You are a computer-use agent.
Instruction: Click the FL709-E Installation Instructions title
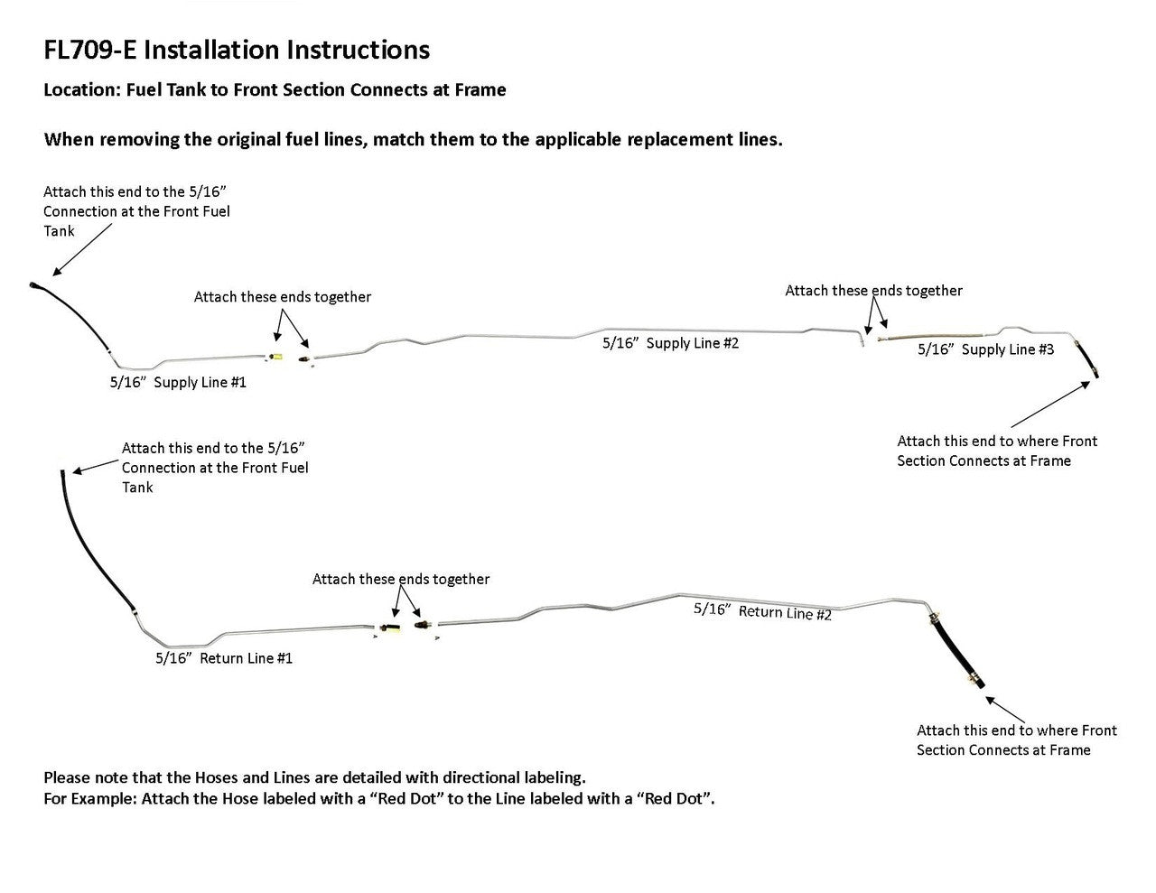237,50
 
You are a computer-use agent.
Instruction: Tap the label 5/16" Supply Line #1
178,382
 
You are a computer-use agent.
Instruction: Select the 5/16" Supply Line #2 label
670,343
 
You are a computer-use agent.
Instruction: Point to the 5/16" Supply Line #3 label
985,349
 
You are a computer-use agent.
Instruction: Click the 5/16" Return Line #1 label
224,658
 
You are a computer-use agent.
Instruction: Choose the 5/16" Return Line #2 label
762,611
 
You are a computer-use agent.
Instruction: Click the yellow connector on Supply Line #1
278,358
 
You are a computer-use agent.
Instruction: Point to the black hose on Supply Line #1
77,315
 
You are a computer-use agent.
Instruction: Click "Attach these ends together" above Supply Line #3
873,291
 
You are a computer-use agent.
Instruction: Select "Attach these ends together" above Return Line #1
401,579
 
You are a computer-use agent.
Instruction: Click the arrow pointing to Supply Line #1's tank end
82,248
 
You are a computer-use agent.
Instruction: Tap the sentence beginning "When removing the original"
413,140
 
